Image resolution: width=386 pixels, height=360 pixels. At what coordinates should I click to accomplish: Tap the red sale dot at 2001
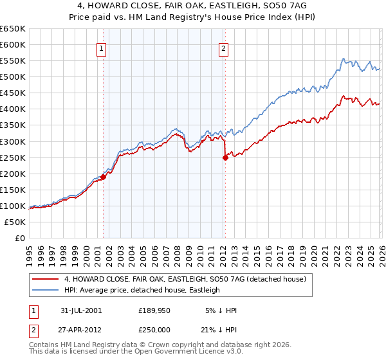(104, 177)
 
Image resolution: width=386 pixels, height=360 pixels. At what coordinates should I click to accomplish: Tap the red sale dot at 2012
(225, 157)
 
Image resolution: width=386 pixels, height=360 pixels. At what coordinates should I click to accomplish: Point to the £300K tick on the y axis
(13, 141)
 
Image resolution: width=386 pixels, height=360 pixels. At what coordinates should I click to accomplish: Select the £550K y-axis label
(13, 61)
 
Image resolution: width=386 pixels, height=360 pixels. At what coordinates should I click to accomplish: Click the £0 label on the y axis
(19, 239)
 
